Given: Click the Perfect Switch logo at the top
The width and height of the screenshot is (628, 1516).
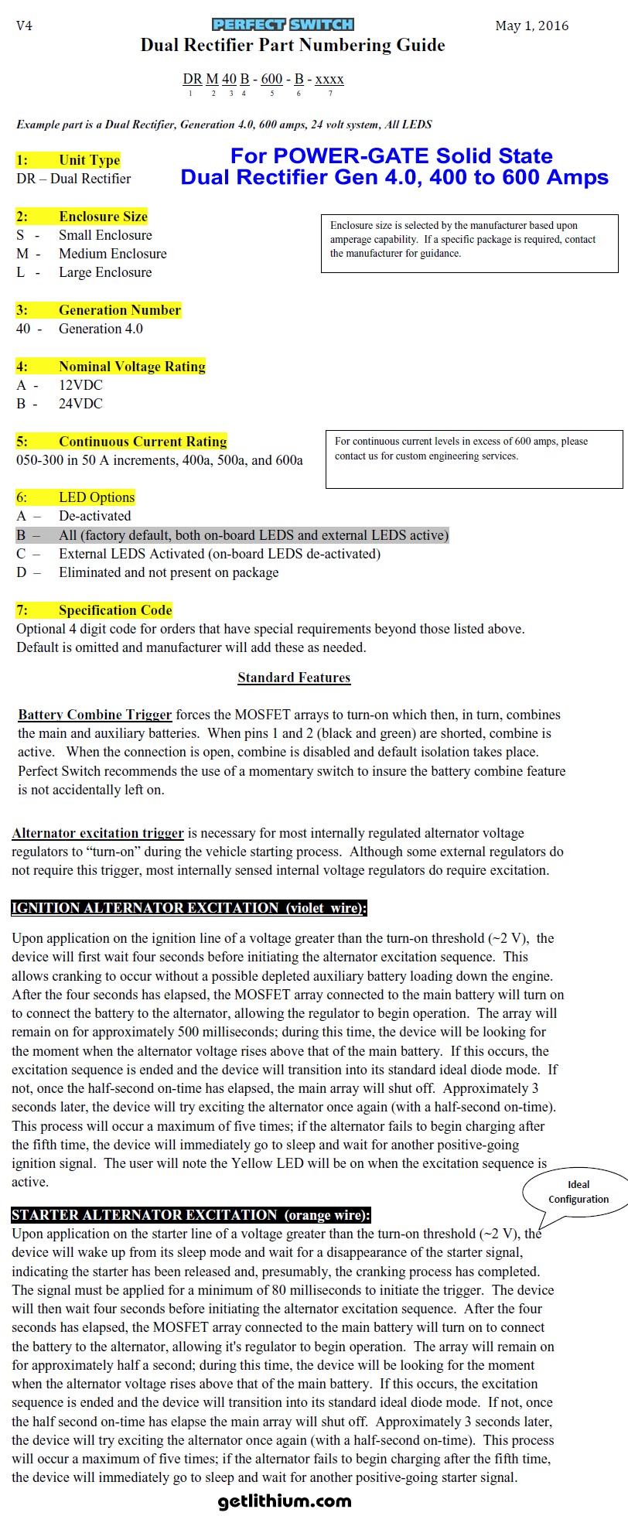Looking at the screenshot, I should tap(282, 25).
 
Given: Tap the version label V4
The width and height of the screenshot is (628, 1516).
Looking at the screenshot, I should tap(24, 26).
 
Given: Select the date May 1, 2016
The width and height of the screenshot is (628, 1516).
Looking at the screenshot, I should tap(531, 26).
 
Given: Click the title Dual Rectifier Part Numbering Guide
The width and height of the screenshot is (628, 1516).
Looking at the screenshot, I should tap(292, 46).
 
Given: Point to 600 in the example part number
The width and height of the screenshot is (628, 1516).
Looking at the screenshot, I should tap(271, 79).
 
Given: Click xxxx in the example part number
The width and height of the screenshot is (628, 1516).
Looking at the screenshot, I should tap(329, 79).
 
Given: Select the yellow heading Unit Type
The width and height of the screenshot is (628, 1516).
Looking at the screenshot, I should tap(69, 160).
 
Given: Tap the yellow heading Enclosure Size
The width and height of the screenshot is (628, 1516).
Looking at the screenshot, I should tap(82, 217).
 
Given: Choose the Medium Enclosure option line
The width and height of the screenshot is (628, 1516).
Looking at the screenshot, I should tap(112, 254).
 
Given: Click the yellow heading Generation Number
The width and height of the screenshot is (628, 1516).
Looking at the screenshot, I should tap(98, 310).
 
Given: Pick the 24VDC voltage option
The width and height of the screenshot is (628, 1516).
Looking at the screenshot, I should tap(80, 404).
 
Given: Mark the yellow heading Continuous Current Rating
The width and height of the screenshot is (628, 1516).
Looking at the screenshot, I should tap(121, 442).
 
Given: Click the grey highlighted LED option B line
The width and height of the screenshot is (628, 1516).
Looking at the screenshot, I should tap(232, 535).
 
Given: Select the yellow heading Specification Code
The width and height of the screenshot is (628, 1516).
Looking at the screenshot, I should tap(94, 610).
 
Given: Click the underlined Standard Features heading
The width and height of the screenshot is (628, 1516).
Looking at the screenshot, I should tap(294, 678).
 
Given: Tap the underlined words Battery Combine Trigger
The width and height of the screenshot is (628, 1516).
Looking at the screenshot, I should tap(94, 715).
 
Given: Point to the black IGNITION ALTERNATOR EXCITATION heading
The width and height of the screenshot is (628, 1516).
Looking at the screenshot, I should tap(189, 908).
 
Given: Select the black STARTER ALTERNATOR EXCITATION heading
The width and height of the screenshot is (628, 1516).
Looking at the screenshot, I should tap(190, 1215).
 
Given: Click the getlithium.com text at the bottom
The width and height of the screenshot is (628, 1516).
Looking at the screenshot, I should tap(285, 1501).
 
